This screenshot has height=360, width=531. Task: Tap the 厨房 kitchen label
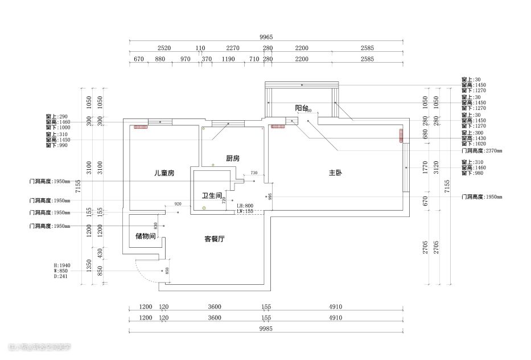(232, 158)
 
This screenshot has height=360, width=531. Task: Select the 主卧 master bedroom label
(336, 173)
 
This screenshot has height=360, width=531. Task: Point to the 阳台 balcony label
(302, 108)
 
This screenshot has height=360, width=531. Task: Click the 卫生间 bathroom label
(211, 196)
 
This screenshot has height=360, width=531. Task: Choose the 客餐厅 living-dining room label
(214, 239)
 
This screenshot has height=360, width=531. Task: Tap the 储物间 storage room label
(145, 236)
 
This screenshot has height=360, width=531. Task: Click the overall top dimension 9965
(266, 37)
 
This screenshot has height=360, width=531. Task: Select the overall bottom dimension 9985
(266, 329)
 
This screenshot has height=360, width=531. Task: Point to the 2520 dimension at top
(164, 48)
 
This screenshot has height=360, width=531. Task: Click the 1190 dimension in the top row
(228, 59)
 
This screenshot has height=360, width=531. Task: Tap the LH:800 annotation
(245, 206)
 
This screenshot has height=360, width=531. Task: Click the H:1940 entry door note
(61, 265)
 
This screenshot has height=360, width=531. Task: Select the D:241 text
(60, 277)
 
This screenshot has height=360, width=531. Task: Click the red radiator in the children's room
(140, 126)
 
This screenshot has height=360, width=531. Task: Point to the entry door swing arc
(140, 272)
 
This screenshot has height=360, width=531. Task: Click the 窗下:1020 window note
(474, 144)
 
